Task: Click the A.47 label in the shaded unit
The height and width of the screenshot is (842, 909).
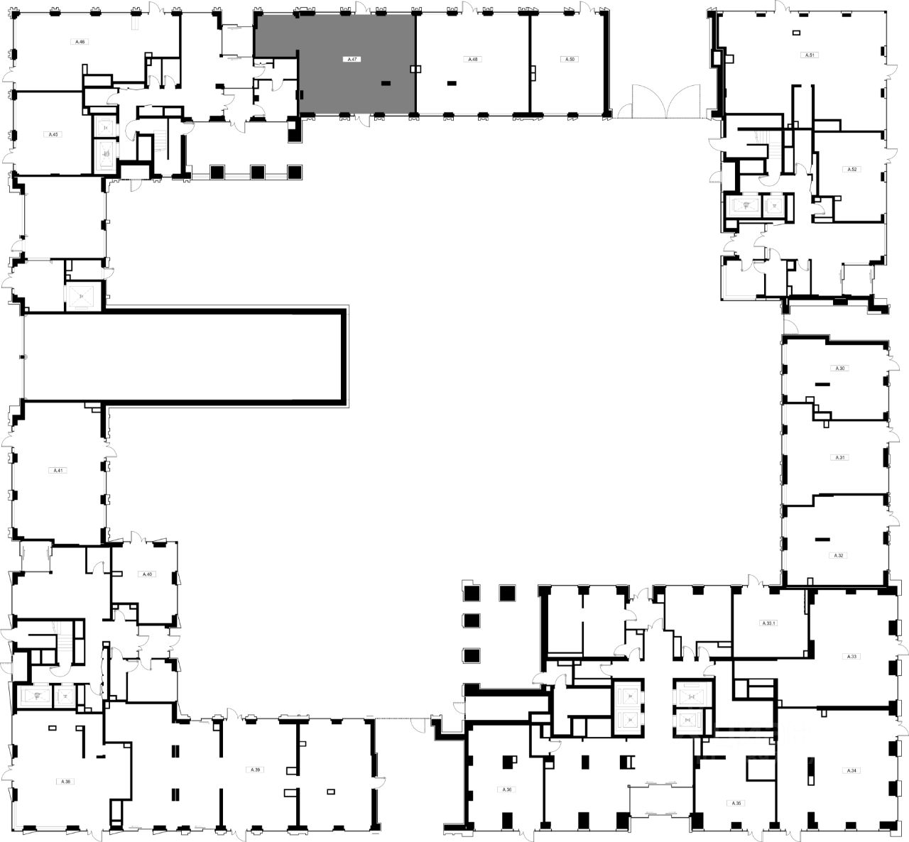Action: point(352,60)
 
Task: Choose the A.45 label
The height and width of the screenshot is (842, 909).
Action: point(53,134)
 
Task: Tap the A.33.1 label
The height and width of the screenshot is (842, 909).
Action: point(768,623)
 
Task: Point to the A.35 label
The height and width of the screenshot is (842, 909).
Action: point(736,803)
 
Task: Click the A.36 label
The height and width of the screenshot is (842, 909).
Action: point(506,789)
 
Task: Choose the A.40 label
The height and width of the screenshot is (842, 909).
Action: point(147,574)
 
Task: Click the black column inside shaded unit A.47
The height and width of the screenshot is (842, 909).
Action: point(386,83)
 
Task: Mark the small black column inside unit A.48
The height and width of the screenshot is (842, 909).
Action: point(452,83)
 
